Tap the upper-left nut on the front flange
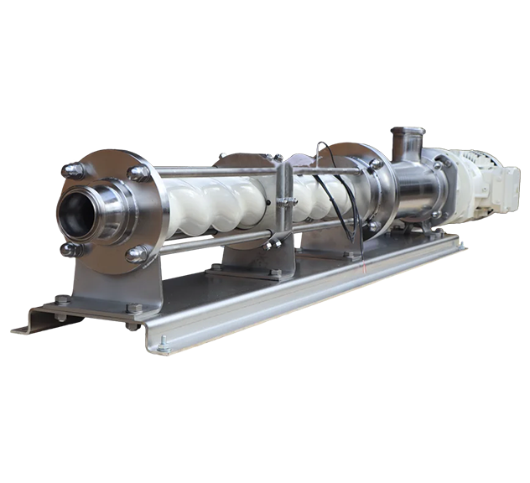pyautogui.click(x=75, y=170)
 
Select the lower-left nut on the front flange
pyautogui.click(x=69, y=249)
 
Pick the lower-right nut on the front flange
pyautogui.click(x=135, y=254)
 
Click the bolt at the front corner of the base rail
pyautogui.click(x=164, y=343)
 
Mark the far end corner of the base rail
pyautogui.click(x=457, y=243)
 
